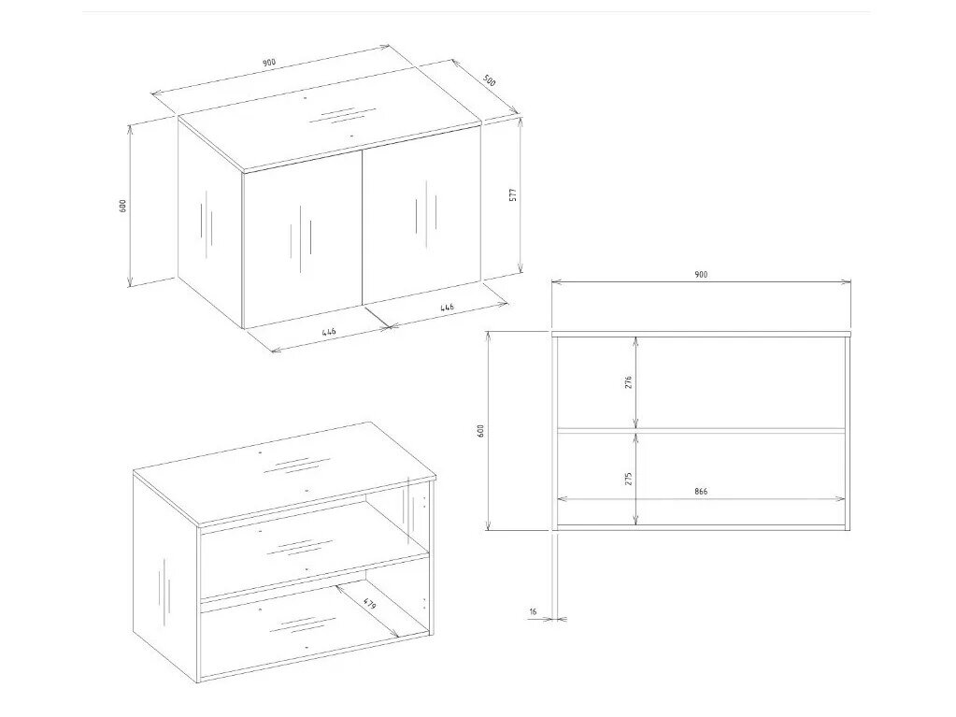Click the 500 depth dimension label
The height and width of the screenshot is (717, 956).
tap(490, 80)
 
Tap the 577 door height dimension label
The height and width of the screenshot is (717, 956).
tap(513, 194)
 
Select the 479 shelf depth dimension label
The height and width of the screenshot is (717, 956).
tap(369, 605)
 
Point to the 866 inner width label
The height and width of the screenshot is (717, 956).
tap(701, 491)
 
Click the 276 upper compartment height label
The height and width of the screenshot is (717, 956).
tap(629, 382)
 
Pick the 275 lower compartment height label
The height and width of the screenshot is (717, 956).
tap(629, 478)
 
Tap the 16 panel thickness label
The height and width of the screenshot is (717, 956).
tap(533, 611)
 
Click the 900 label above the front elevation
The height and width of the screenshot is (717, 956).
tap(701, 274)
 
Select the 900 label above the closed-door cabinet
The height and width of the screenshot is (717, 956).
tap(269, 63)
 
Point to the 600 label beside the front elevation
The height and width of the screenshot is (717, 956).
tap(480, 431)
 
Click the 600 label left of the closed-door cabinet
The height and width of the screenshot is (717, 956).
tap(122, 206)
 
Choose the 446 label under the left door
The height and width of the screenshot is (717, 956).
tap(329, 332)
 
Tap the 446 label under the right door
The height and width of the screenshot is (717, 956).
tap(447, 308)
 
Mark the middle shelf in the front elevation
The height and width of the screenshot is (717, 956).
tap(701, 430)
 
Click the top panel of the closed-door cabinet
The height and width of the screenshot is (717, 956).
tap(330, 129)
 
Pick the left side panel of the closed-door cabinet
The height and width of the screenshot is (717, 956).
tap(210, 222)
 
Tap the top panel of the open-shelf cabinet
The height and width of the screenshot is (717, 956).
tap(284, 472)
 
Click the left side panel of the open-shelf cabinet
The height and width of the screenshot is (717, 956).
tap(166, 576)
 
